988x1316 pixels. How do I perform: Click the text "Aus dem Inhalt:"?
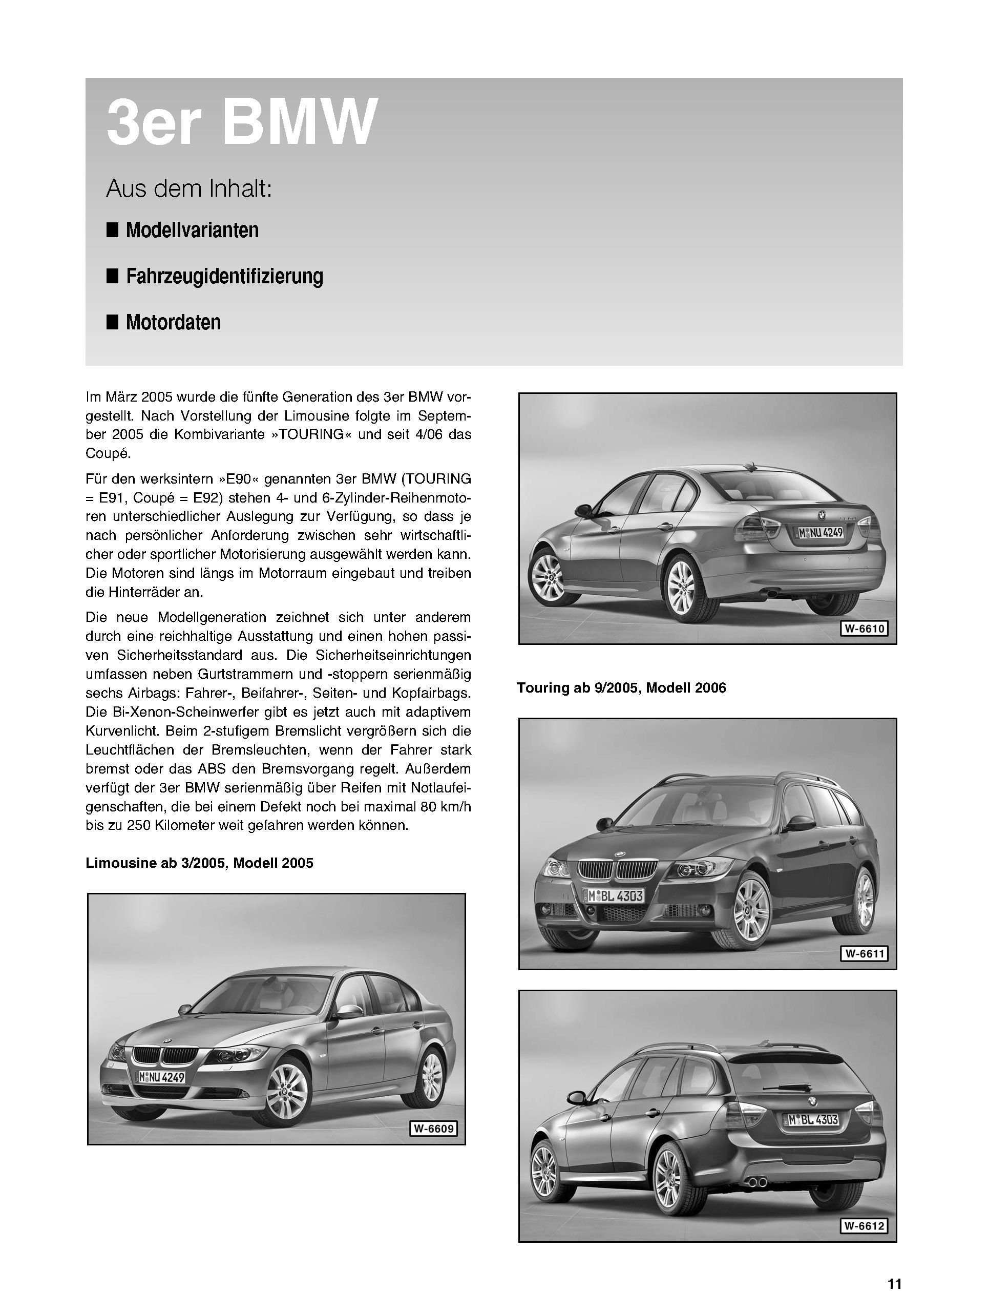pos(188,189)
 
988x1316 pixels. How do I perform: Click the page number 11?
pos(895,1279)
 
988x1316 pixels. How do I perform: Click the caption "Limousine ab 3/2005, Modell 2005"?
pos(199,863)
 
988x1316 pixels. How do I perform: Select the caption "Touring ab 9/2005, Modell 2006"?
pos(621,688)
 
